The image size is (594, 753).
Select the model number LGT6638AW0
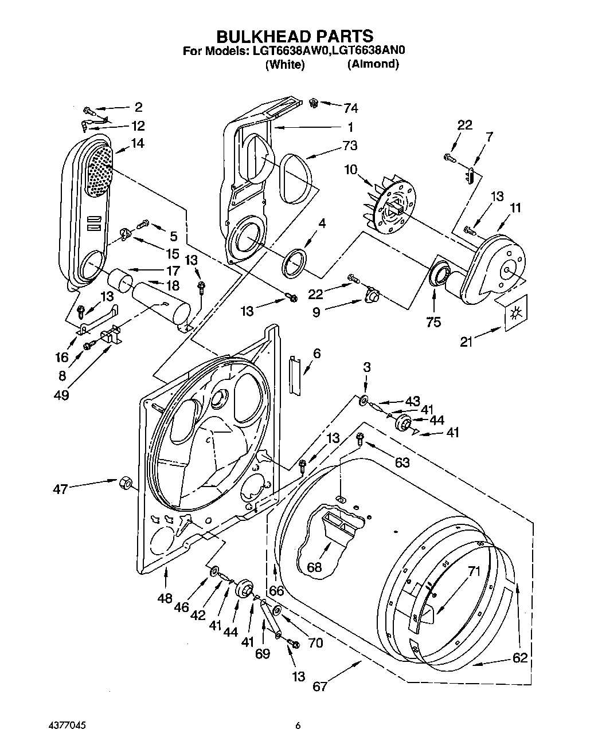(x=288, y=50)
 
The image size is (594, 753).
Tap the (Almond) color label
(x=373, y=64)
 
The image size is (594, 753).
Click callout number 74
(x=350, y=108)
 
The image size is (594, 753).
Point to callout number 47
(x=60, y=489)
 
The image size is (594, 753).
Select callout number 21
(x=467, y=343)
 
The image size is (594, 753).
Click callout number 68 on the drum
(x=314, y=567)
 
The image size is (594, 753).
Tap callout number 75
(x=433, y=322)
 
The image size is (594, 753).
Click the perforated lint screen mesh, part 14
(x=99, y=169)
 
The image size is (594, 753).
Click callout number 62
(x=520, y=657)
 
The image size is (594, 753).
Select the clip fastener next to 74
(x=314, y=103)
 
